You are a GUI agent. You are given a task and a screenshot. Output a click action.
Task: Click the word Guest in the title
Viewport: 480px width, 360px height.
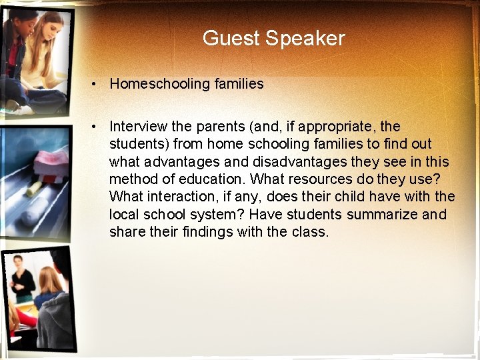(231, 38)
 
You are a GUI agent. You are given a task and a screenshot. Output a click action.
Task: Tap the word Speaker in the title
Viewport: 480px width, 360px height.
(305, 38)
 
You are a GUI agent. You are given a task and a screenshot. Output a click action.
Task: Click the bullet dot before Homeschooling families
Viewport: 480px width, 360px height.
(97, 84)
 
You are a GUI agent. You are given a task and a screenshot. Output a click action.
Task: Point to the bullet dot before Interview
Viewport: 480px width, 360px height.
(97, 126)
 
